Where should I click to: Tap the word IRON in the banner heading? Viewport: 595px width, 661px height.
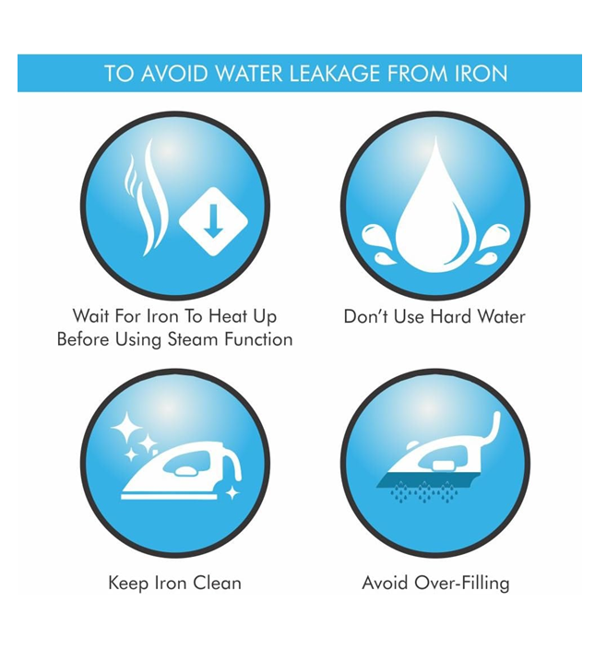(481, 74)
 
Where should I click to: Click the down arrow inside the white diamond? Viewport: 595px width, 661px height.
(213, 220)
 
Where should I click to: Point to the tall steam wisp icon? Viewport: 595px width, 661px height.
(153, 197)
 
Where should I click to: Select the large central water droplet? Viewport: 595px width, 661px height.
(435, 211)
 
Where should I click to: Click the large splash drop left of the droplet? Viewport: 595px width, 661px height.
(376, 238)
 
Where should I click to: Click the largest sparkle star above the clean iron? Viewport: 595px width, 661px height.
(125, 427)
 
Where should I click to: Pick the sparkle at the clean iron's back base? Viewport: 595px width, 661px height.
(232, 493)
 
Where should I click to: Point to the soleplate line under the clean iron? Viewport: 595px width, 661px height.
(169, 497)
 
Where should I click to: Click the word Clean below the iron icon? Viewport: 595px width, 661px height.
(217, 583)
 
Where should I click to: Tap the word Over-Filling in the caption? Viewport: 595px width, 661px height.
(462, 584)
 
